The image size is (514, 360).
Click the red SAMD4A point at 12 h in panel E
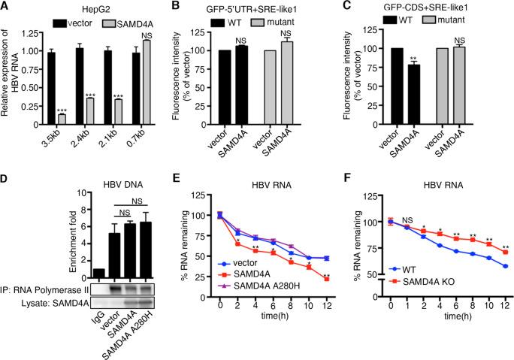click(x=327, y=278)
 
